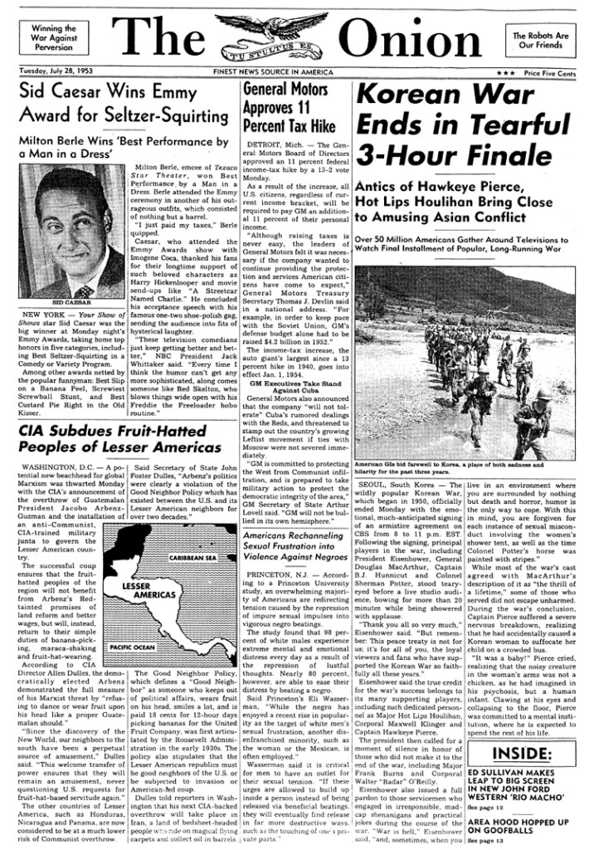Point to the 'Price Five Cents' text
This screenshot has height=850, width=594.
[x=548, y=73]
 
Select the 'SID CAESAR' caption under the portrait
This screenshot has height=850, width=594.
[x=72, y=305]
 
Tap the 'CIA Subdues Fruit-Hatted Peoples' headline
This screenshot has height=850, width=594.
[x=120, y=439]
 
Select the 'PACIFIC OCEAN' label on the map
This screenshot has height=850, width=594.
[x=134, y=645]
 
